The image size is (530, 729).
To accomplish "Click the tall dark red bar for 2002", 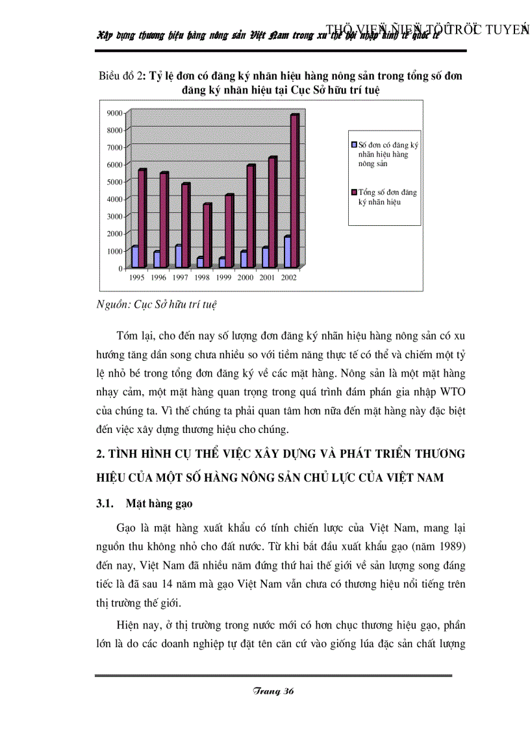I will click(294, 191).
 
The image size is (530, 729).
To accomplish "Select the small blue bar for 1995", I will click(135, 257).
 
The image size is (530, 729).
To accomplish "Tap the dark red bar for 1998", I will click(207, 236).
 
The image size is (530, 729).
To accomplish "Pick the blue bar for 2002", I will click(287, 253).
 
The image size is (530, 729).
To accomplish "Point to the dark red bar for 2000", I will click(251, 216).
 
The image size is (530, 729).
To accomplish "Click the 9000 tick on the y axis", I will click(114, 114).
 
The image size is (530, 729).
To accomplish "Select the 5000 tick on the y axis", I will click(114, 182).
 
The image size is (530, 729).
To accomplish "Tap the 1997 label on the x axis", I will click(181, 277).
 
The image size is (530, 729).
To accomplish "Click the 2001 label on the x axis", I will click(268, 277).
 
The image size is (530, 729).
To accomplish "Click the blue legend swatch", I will click(354, 145).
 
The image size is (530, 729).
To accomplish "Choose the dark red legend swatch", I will click(354, 192).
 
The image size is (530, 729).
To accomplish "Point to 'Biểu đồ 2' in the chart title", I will click(121, 75).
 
